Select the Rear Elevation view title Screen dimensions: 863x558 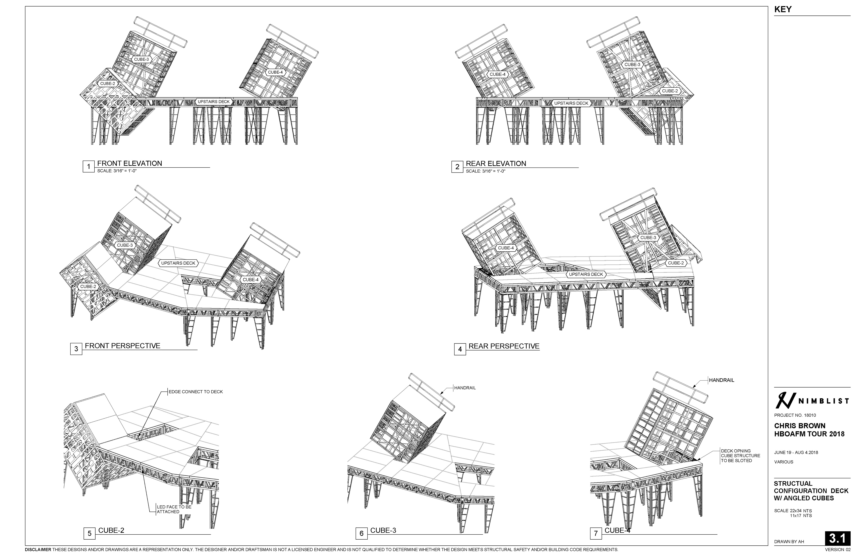(x=496, y=163)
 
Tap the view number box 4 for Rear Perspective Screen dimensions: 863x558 (x=460, y=349)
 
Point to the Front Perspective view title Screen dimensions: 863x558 (x=122, y=346)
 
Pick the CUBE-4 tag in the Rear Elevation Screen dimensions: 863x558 (x=497, y=74)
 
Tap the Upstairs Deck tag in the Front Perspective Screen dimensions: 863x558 (x=178, y=263)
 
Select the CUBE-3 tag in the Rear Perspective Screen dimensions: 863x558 (x=648, y=238)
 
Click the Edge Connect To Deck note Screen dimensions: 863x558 (x=196, y=392)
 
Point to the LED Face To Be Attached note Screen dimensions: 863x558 (x=174, y=509)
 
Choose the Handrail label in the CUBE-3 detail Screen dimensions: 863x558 (x=465, y=388)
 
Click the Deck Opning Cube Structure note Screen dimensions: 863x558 (x=740, y=456)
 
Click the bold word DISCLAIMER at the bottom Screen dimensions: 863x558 (x=38, y=550)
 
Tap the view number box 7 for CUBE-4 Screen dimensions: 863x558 (x=596, y=533)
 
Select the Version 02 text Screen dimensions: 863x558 (x=838, y=550)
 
